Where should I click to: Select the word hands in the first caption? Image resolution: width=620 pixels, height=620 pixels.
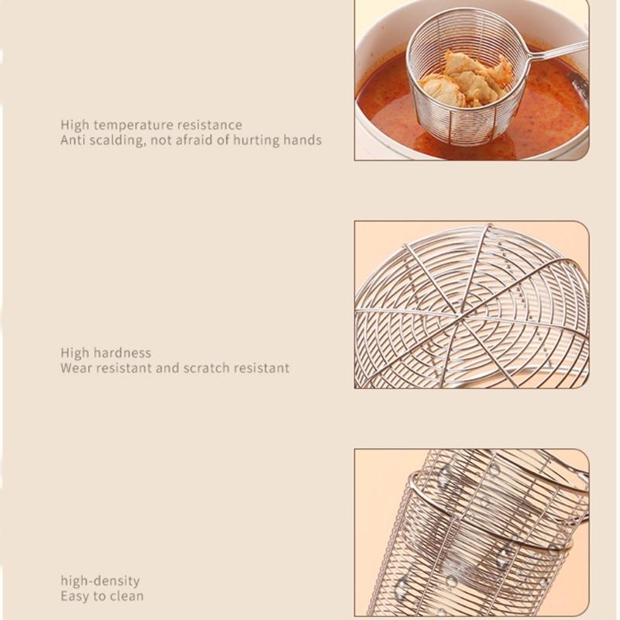(x=301, y=140)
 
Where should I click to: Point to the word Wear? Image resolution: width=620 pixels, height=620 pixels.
(x=76, y=368)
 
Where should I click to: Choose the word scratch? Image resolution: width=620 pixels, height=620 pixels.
(x=208, y=368)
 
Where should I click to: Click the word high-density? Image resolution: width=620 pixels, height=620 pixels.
(x=100, y=580)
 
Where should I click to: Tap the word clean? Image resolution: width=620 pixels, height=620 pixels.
(x=126, y=596)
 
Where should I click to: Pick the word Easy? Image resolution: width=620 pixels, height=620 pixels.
(x=75, y=596)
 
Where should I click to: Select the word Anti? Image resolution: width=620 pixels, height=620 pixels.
(x=74, y=140)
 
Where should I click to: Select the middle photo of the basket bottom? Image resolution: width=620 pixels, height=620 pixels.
(x=471, y=305)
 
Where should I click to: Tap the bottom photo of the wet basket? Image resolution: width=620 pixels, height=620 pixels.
(x=471, y=533)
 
